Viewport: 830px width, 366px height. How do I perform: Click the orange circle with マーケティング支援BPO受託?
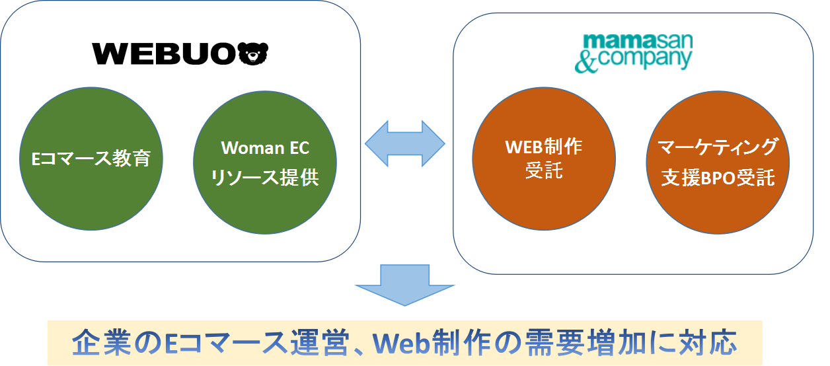pos(718,162)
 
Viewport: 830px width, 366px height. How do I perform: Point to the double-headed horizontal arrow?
pos(405,143)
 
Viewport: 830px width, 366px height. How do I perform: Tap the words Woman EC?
pos(264,147)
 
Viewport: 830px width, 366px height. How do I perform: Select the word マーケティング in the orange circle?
pos(718,147)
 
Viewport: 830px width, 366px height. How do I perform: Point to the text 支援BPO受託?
pos(718,178)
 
